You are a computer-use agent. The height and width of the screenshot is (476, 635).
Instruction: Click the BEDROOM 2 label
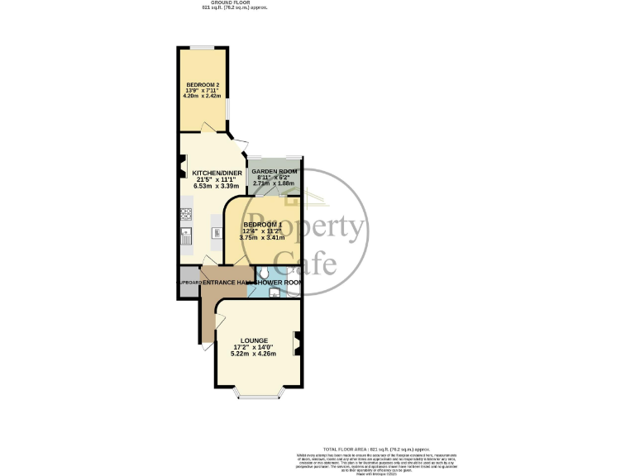[202, 85]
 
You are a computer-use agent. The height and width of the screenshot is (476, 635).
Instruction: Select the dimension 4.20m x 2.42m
[202, 97]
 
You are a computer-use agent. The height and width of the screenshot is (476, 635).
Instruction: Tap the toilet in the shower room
[262, 272]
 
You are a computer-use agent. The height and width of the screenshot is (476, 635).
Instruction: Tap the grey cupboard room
[189, 283]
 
